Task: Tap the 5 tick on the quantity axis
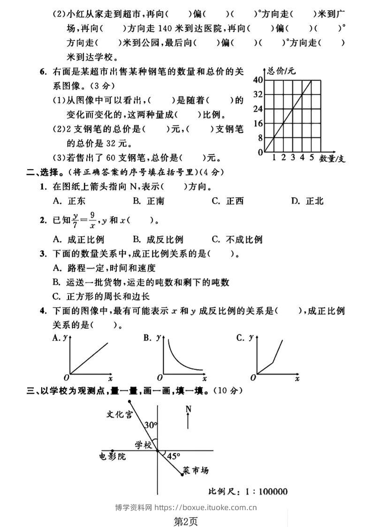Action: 311,157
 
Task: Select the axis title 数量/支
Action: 332,158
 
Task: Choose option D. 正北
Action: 307,201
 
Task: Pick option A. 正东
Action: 69,201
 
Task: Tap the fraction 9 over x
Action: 93,220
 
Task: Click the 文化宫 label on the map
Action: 119,414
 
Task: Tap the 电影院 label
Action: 113,456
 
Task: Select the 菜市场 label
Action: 196,470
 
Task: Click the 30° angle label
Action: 151,425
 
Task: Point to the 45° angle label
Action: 174,456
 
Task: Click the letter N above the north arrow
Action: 188,409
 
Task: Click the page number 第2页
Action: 186,520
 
